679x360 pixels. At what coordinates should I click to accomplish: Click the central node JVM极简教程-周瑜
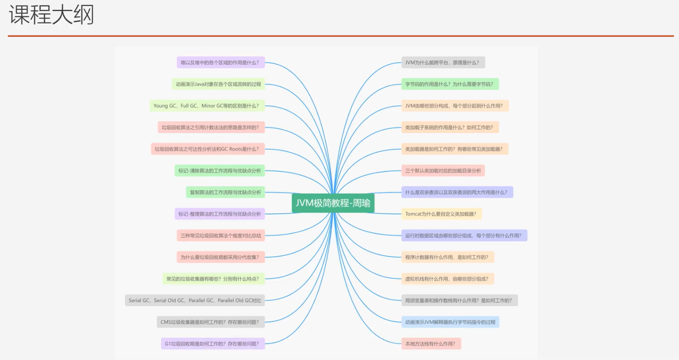pyautogui.click(x=333, y=203)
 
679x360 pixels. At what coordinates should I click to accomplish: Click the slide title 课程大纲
pyautogui.click(x=51, y=15)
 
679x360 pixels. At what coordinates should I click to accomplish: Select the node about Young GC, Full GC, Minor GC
pyautogui.click(x=207, y=106)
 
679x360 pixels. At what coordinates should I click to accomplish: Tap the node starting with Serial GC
pyautogui.click(x=195, y=300)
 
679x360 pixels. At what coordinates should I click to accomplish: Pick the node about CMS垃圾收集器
pyautogui.click(x=210, y=322)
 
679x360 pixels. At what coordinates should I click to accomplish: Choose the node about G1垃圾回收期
pyautogui.click(x=212, y=344)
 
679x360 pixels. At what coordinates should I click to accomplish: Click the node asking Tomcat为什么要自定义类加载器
pyautogui.click(x=441, y=214)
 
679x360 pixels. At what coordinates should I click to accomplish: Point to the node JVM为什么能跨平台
pyautogui.click(x=442, y=62)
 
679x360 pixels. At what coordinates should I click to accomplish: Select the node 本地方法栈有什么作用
pyautogui.click(x=430, y=344)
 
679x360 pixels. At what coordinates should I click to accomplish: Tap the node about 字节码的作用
pyautogui.click(x=449, y=84)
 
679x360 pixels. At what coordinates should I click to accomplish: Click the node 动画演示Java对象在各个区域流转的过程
pyautogui.click(x=218, y=84)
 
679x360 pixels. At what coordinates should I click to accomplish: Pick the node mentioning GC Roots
pyautogui.click(x=207, y=149)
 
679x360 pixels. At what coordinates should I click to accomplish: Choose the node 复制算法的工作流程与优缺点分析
pyautogui.click(x=225, y=192)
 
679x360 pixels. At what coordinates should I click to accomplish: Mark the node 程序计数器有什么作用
pyautogui.click(x=447, y=257)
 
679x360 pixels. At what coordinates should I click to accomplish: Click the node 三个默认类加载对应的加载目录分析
pyautogui.click(x=443, y=171)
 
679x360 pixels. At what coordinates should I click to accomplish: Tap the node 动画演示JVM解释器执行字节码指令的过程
pyautogui.click(x=450, y=322)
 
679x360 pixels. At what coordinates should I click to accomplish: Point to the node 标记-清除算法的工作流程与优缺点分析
pyautogui.click(x=219, y=171)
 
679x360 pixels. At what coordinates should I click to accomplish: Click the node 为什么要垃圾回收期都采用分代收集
pyautogui.click(x=220, y=257)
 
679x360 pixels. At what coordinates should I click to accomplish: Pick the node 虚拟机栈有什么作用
pyautogui.click(x=447, y=279)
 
